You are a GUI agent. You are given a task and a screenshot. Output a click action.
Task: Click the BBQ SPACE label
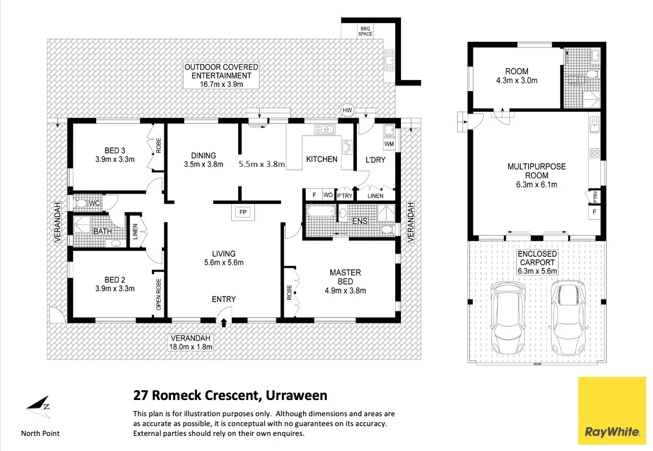(365, 31)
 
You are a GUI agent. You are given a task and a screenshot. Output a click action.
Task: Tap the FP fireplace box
(242, 212)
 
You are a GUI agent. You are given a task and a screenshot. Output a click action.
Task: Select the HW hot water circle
(348, 110)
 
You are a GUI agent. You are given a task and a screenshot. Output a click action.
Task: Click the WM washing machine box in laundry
(389, 143)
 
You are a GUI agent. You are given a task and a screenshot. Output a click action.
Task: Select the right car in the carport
(570, 317)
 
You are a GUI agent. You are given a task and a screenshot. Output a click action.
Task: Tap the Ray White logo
(612, 410)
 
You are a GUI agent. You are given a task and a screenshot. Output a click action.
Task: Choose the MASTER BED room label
(345, 277)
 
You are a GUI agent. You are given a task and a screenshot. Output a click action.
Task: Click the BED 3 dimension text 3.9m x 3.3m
(115, 159)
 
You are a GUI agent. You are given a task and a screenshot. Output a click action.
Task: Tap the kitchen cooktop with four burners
(348, 147)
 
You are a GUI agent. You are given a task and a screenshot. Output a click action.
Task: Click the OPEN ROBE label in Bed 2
(158, 294)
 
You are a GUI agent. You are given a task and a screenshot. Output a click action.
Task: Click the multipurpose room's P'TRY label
(594, 197)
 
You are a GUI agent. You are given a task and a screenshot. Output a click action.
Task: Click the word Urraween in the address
(296, 396)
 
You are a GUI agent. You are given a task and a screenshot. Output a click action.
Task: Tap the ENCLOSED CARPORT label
(537, 262)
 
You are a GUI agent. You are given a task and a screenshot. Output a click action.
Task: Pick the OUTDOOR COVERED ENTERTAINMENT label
(221, 75)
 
